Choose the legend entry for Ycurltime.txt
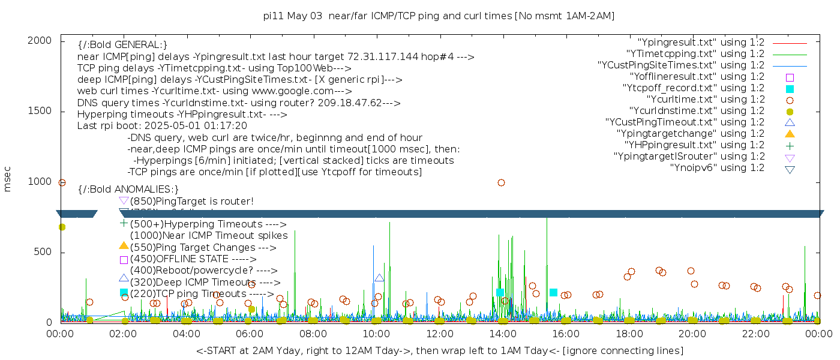[705, 100]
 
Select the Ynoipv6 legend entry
[717, 168]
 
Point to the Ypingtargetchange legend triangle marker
[790, 134]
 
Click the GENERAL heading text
[122, 45]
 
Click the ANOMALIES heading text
[128, 190]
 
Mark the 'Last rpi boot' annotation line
[162, 126]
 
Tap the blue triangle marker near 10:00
[379, 278]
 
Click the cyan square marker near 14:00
[500, 292]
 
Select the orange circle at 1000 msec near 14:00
[501, 182]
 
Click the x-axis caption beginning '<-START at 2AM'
[439, 350]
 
